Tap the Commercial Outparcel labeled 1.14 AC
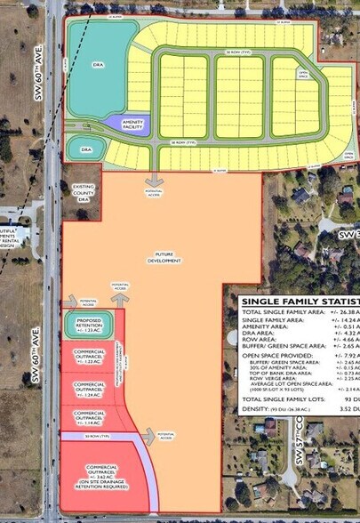[x=89, y=416]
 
